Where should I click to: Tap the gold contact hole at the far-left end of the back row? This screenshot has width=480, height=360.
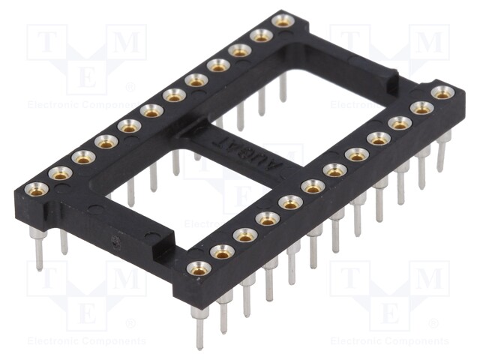click(36, 188)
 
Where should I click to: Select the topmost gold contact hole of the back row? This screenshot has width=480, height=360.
click(283, 21)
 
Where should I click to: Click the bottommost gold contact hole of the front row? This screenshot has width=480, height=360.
click(198, 268)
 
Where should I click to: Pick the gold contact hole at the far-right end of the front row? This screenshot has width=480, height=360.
click(442, 93)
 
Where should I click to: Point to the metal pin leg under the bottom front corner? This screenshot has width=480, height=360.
click(199, 330)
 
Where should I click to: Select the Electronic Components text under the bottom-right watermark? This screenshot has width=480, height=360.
click(390, 341)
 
